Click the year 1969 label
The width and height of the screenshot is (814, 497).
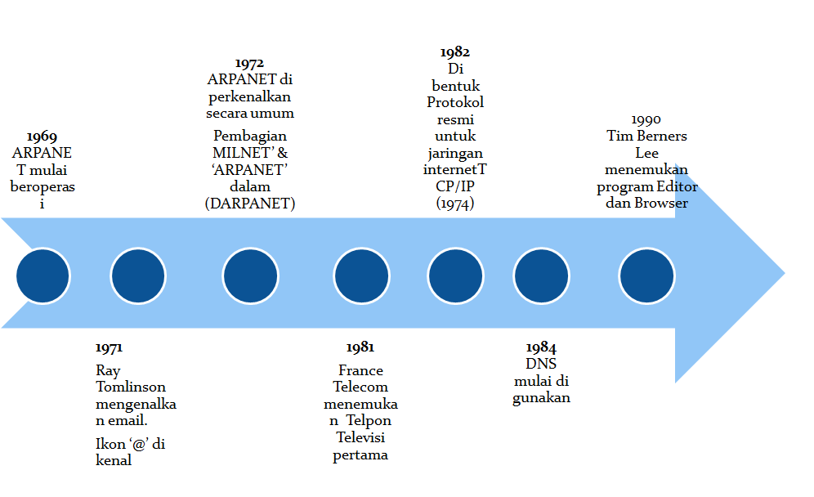pos(42,137)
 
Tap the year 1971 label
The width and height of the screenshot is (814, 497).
pos(109,348)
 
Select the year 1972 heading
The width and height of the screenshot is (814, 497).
pos(249,63)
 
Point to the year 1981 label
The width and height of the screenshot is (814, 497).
pos(360,348)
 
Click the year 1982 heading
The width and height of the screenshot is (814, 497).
pos(455,52)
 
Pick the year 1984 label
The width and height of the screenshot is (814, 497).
pos(541,347)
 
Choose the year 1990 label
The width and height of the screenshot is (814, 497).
pos(646,119)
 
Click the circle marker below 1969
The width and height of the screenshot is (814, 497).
pos(42,275)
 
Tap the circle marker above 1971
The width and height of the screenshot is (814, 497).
pos(138,275)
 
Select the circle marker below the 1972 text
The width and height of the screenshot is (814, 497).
pos(249,275)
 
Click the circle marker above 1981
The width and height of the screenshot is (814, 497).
pos(361,275)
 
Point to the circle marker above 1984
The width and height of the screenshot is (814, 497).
pos(540,275)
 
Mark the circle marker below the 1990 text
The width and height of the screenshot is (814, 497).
pos(646,275)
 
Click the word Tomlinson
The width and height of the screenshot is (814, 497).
pos(131,387)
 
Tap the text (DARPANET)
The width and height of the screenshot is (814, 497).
pos(249,204)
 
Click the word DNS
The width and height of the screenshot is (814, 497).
pos(541,364)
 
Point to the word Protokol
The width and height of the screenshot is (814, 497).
pos(455,102)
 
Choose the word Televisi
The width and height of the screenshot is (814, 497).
pos(360,437)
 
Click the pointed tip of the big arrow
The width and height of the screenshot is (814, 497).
pos(783,273)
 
